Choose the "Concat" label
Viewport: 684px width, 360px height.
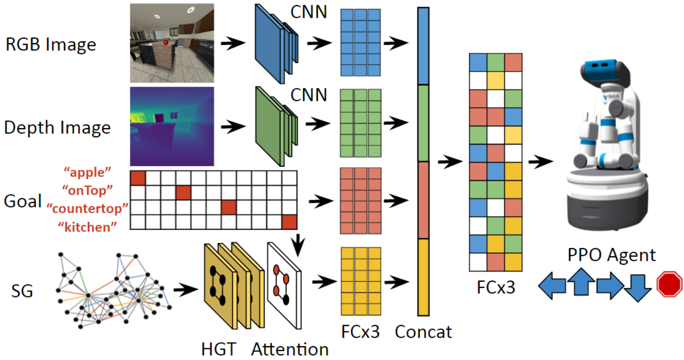(x=423, y=332)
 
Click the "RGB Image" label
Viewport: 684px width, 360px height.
(x=51, y=45)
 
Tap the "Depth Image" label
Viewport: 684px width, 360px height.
(x=57, y=127)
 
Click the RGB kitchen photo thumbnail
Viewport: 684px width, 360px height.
(x=172, y=43)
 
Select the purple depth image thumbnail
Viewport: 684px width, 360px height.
(x=172, y=126)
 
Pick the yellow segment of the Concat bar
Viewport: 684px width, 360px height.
(x=423, y=277)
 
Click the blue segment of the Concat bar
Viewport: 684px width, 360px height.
(x=423, y=46)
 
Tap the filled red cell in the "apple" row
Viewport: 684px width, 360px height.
(x=138, y=178)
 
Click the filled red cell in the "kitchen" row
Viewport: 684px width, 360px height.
(x=289, y=222)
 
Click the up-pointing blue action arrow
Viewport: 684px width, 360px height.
(x=580, y=281)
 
